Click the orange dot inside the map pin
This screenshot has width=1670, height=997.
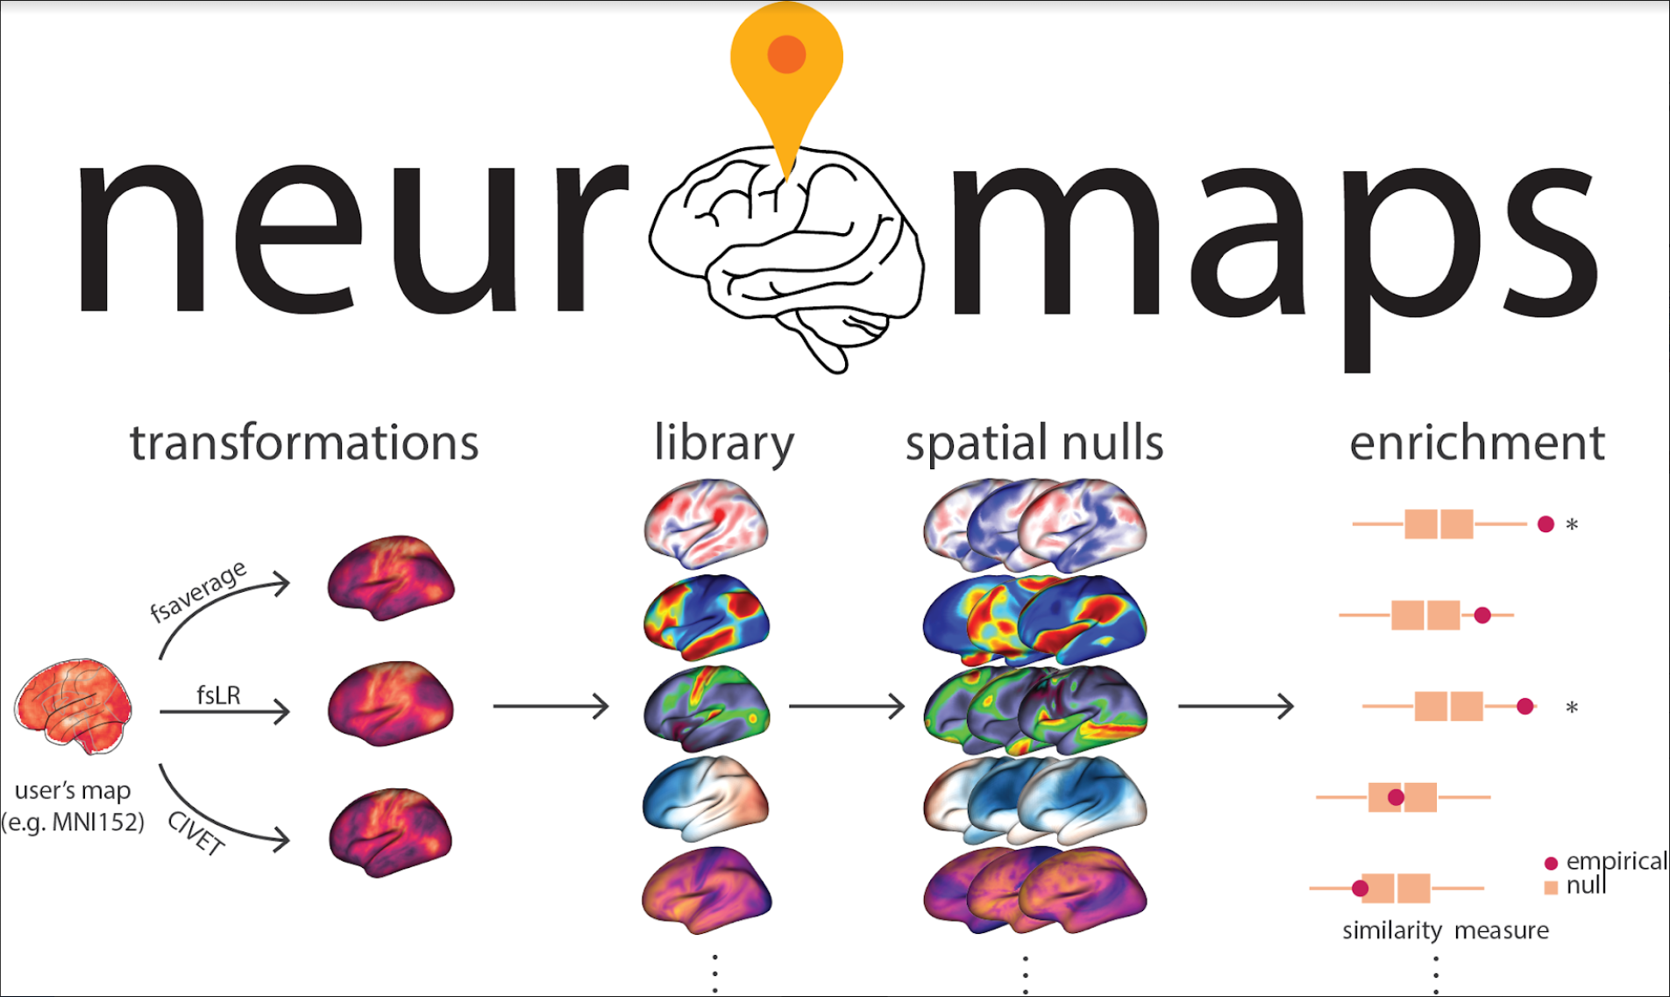tap(786, 54)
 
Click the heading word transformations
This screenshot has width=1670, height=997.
tap(304, 442)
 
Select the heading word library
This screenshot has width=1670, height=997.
tap(724, 444)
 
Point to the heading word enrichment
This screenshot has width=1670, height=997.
tap(1477, 443)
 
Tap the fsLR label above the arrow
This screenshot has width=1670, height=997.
tap(218, 695)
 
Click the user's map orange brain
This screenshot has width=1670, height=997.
tap(74, 707)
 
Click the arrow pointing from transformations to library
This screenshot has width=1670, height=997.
tap(551, 706)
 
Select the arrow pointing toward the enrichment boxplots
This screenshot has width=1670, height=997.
tap(1236, 706)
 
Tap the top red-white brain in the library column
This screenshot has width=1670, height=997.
tap(706, 523)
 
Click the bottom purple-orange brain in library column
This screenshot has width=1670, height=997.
tap(707, 889)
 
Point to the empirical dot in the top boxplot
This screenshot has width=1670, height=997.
tap(1546, 524)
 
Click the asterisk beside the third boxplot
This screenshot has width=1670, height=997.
tap(1572, 707)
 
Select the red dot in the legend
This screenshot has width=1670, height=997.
tap(1551, 863)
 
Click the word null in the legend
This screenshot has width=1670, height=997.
tap(1586, 886)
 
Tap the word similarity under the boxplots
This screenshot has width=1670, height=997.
tap(1392, 930)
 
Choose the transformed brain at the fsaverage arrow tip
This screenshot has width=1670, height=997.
tap(391, 578)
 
